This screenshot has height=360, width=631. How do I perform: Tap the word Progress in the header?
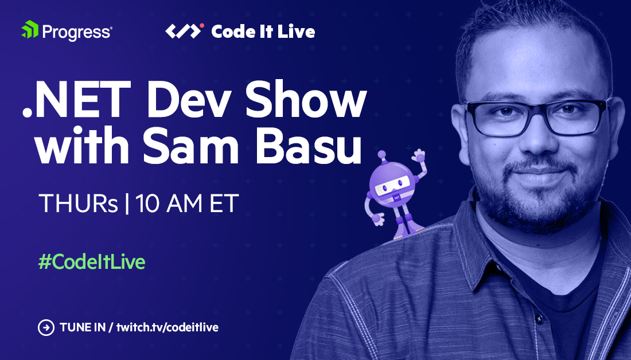tap(76, 31)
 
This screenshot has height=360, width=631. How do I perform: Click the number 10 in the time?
tap(150, 204)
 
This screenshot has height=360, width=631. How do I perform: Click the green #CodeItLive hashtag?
tap(91, 262)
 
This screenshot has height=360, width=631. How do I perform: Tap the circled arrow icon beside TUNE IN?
tap(45, 328)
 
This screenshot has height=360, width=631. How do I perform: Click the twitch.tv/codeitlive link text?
tap(168, 328)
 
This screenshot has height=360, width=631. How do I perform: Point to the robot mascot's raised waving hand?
tap(419, 155)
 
